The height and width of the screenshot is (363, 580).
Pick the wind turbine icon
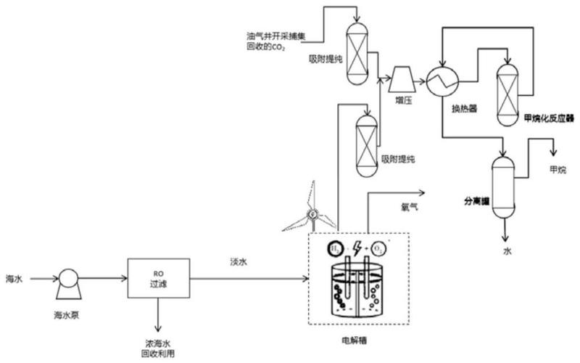[x=312, y=211]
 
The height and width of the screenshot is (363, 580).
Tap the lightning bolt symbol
[x=356, y=248]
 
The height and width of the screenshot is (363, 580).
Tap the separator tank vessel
[x=500, y=185]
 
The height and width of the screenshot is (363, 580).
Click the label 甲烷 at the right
[x=558, y=171]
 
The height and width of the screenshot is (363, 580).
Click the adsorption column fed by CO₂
[x=356, y=50]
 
